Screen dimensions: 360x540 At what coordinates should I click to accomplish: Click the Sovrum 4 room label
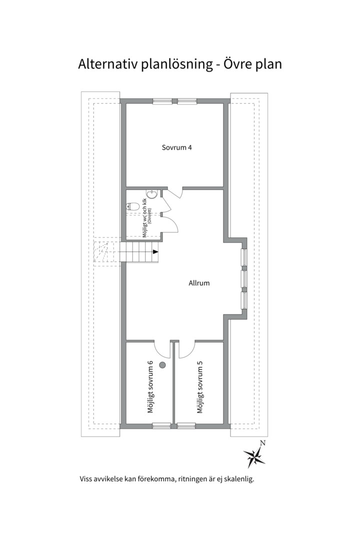point(176,147)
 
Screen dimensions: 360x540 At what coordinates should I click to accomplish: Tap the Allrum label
point(199,283)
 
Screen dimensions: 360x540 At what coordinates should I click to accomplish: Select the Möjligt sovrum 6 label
point(150,386)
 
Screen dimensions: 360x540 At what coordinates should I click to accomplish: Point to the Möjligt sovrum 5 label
point(200,386)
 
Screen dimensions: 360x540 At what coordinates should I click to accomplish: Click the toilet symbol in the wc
point(133,206)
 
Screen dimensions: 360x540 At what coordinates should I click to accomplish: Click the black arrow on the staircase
point(155,251)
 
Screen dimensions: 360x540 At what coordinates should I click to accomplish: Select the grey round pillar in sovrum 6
point(162,365)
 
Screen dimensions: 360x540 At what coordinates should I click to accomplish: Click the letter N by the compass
point(262,443)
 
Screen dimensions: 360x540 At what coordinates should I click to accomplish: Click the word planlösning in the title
point(176,64)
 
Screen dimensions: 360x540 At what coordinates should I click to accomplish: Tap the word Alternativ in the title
point(108,64)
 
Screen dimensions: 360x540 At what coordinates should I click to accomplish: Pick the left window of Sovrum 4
point(162,101)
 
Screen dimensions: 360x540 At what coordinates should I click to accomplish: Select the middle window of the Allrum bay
point(244,278)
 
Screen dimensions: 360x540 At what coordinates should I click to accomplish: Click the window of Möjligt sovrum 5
point(186,425)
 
